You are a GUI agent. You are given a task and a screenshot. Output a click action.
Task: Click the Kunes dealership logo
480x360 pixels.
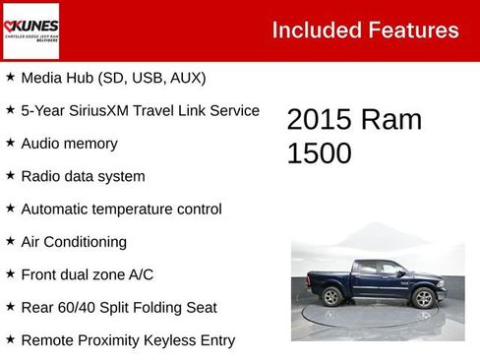(x=31, y=30)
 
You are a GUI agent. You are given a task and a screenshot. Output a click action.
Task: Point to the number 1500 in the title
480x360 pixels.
(x=319, y=153)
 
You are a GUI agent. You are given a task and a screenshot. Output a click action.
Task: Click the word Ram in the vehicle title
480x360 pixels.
(x=391, y=120)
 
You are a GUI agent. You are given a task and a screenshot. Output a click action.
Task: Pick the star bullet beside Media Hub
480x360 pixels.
(x=10, y=77)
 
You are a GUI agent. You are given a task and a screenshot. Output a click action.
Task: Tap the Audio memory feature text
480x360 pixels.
(x=69, y=144)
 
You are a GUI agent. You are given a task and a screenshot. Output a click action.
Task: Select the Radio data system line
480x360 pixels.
(x=83, y=176)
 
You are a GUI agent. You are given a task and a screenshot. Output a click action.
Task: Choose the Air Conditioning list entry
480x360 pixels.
(x=74, y=242)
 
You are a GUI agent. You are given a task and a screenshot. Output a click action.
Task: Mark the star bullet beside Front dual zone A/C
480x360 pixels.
(x=10, y=274)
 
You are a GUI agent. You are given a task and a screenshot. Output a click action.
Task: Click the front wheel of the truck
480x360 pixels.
(x=424, y=298)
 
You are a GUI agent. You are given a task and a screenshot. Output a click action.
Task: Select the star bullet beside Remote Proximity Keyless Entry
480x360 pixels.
(x=10, y=340)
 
